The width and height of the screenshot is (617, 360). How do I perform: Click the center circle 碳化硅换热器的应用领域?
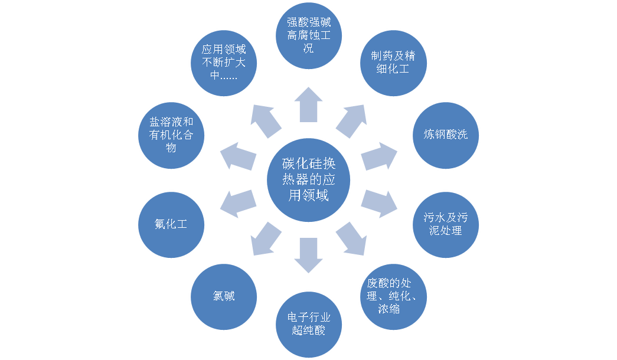click(309, 179)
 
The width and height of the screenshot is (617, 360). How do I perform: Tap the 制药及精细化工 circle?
click(393, 63)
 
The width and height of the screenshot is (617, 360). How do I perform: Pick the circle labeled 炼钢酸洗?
click(445, 135)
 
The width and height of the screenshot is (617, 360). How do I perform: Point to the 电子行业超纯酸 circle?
click(309, 325)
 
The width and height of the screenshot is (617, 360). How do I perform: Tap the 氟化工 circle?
click(171, 224)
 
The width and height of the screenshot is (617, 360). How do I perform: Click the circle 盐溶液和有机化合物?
click(171, 135)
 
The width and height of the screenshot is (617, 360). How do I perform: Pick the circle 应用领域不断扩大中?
click(224, 63)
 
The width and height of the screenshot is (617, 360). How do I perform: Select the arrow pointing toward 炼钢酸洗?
click(379, 156)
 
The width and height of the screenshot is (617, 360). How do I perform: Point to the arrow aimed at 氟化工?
click(238, 202)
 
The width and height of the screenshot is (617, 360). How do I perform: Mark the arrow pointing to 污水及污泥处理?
click(379, 202)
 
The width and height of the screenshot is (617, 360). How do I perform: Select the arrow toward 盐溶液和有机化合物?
click(238, 157)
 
